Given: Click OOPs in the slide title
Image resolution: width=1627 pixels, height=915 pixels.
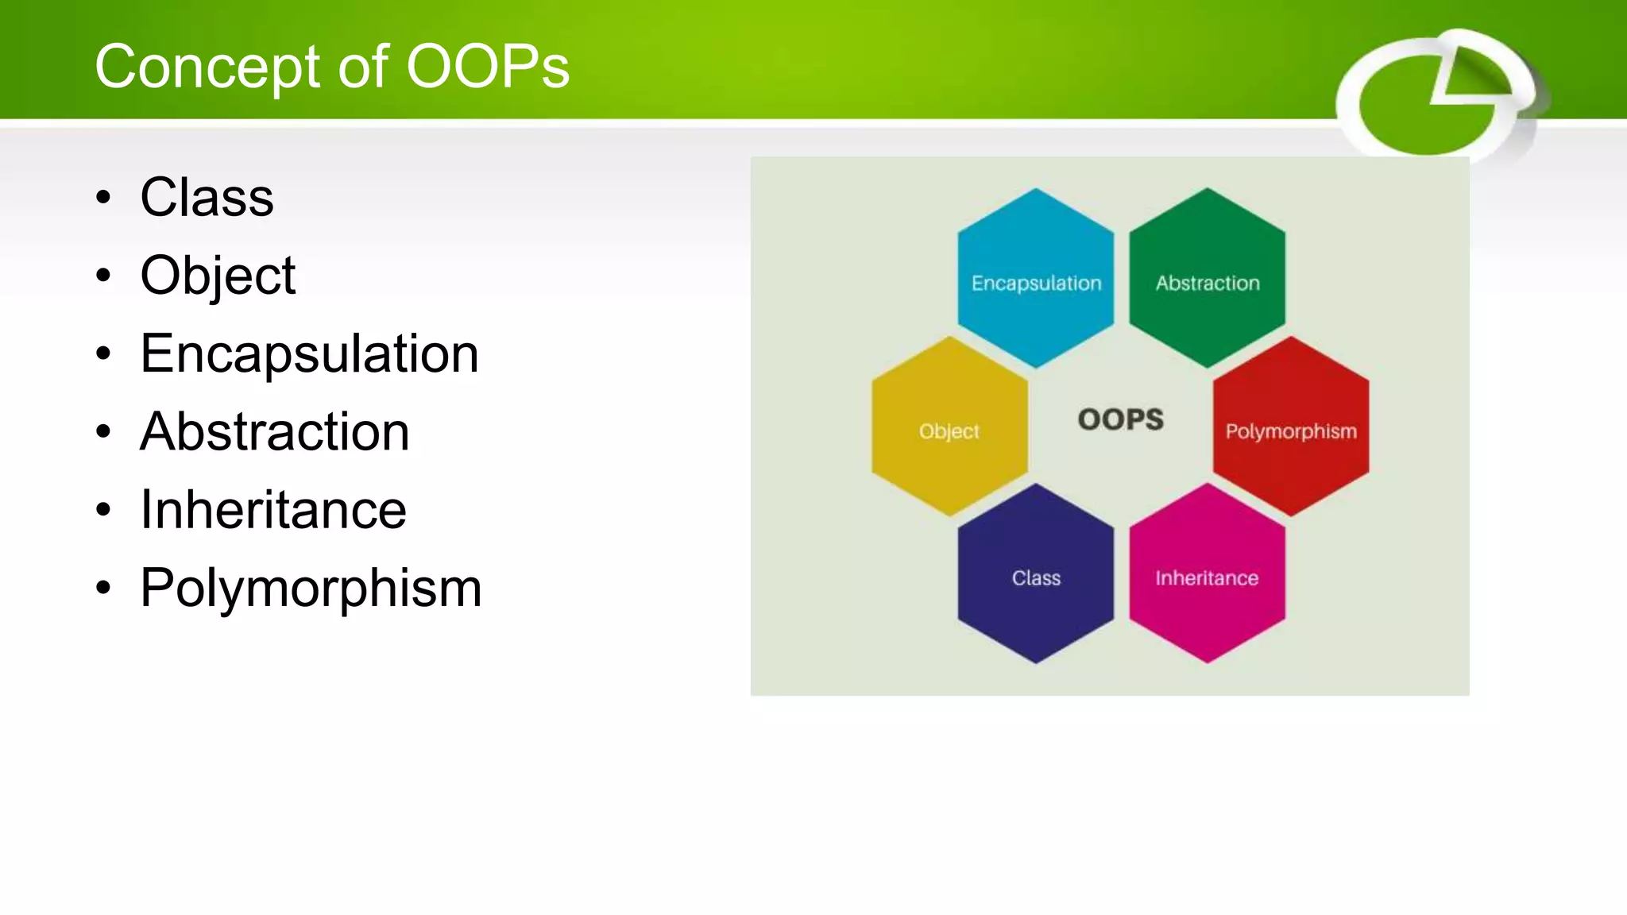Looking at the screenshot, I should pos(487,67).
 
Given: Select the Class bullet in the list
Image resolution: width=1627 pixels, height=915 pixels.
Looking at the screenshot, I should pos(207,197).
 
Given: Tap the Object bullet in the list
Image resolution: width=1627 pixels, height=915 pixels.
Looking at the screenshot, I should pos(218,276).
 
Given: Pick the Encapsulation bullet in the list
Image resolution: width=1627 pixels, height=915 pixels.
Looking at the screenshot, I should pos(309,353).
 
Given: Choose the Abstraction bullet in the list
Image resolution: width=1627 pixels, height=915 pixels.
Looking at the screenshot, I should pos(275,431).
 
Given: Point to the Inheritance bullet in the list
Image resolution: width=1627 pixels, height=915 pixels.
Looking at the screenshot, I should pos(273,509).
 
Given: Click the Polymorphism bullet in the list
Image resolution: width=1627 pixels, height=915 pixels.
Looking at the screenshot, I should pos(311,588).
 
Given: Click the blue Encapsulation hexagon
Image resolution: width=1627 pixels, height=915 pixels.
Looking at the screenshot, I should pos(1036,278).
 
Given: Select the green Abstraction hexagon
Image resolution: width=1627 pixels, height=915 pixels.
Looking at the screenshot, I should pos(1208,278).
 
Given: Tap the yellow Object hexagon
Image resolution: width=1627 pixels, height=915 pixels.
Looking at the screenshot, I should pos(949,427).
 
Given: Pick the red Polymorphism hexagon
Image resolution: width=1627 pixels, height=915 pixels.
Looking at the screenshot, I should pos(1291,427).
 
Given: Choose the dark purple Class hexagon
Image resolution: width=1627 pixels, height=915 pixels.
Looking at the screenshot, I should pos(1036,573).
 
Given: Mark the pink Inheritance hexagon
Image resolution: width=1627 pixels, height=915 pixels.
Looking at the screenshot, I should pos(1208,573).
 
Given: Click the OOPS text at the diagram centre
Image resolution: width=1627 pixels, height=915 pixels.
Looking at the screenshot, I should pos(1120,419).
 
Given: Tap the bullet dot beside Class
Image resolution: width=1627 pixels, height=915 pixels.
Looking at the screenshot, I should pos(103,197).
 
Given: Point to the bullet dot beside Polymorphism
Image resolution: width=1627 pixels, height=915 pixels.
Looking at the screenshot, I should pos(103,589).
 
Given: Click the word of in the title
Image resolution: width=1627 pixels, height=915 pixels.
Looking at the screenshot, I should pos(363,67).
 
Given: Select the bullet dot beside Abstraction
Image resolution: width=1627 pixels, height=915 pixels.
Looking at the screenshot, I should pos(103,432).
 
